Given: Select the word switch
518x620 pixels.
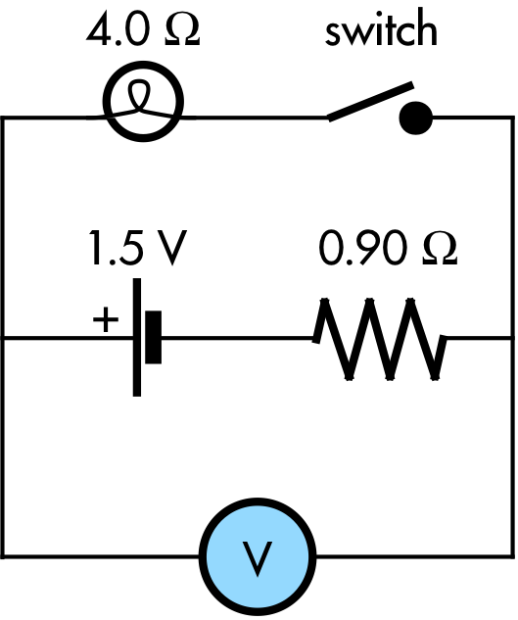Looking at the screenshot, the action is [381, 27].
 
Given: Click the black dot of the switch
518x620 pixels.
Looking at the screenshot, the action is [416, 118].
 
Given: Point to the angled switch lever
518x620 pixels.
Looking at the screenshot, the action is [370, 101].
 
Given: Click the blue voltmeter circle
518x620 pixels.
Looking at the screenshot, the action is [258, 556].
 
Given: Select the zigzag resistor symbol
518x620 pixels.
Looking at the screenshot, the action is [380, 339].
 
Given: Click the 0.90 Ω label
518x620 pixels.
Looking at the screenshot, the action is [388, 249].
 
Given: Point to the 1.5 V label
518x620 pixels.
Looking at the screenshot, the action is [137, 248].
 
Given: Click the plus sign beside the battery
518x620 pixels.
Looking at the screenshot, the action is [106, 318].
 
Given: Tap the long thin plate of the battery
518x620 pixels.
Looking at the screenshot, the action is [137, 337].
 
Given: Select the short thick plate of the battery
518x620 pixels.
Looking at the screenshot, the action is [154, 337].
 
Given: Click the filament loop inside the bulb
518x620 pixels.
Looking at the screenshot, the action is [139, 95].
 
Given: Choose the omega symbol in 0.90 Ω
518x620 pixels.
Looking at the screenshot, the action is [440, 249].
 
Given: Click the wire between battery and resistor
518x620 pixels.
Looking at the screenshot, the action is [237, 338].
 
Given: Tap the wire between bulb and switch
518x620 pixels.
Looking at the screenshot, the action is [260, 118].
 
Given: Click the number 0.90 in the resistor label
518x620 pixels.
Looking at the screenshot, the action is [362, 249].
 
